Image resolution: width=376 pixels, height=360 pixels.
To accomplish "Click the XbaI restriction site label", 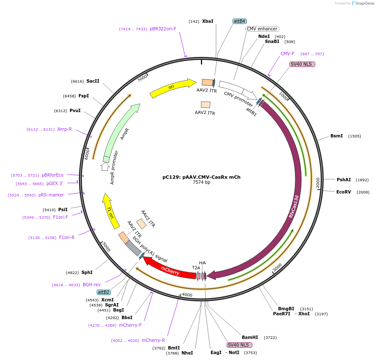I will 208,21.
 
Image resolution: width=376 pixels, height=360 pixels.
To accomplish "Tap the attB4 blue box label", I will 239,21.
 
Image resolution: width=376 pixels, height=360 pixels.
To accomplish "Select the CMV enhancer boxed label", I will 262,29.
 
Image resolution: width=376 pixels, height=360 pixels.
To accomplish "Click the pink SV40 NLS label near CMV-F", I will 302,64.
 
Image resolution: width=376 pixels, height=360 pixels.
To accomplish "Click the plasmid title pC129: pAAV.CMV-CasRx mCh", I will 201,177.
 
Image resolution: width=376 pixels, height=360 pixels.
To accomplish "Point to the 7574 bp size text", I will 201,183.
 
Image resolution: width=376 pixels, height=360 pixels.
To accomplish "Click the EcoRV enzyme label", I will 344,192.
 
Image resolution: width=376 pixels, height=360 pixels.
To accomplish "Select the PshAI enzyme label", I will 344,180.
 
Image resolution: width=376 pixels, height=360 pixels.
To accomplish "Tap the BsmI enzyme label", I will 336,136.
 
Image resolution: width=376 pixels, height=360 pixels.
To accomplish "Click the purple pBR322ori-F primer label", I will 163,29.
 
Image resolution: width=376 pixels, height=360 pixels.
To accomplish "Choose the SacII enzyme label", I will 93,81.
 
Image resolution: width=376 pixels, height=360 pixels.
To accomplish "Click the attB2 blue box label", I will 104,292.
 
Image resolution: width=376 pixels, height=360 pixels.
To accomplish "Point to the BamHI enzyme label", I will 250,337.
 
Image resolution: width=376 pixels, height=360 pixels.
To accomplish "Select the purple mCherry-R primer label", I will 153,340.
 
